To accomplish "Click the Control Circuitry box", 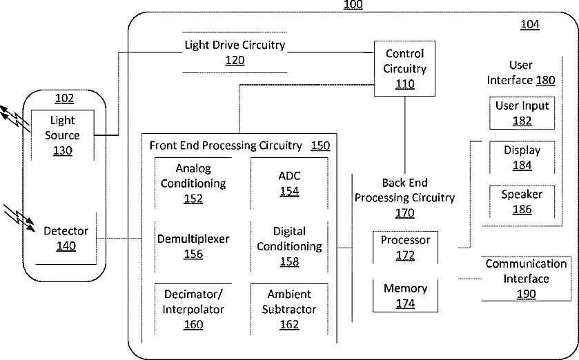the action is point(404,68).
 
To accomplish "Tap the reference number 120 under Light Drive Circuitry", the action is point(235,60).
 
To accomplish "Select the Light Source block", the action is point(62,135).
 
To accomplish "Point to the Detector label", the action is point(66,231).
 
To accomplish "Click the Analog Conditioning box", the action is point(193,183).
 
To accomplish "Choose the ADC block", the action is point(289,183).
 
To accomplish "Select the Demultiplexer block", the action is point(193,246).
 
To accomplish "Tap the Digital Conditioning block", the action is point(289,246).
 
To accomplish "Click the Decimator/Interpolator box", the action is point(193,309).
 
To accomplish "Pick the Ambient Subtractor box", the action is point(289,309).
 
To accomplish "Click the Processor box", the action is point(406,248).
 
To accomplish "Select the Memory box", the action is point(406,296).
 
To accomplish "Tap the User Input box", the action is point(522,113).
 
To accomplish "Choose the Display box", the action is point(522,157).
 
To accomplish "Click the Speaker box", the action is point(522,202).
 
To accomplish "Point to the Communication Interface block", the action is point(526,279).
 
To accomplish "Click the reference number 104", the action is point(530,24).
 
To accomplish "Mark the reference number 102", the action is point(64,98).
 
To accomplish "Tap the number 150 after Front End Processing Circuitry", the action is point(320,146).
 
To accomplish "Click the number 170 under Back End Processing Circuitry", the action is point(404,213).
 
